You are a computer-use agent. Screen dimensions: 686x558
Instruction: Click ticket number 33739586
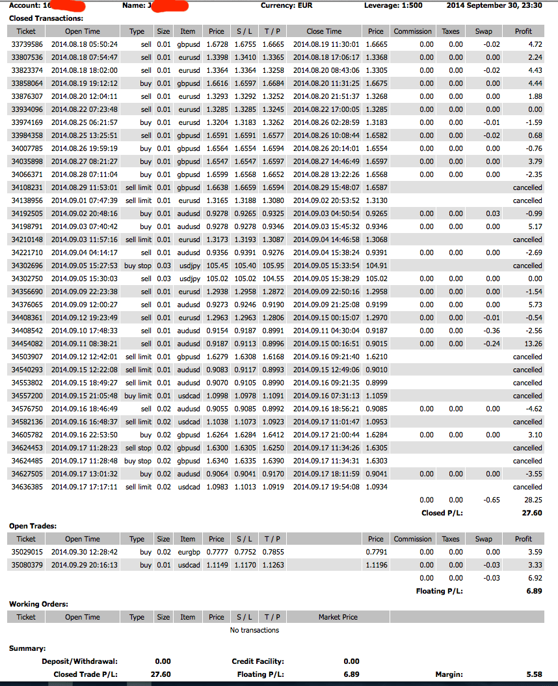coord(27,44)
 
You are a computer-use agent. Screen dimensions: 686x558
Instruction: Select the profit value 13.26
coord(533,344)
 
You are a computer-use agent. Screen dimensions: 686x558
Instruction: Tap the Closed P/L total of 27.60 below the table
coord(533,513)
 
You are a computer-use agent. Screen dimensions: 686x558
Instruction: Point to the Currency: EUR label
coord(287,5)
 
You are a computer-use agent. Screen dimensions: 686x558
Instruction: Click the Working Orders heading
coord(38,604)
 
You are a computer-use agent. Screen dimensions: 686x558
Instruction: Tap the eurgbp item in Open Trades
coord(187,552)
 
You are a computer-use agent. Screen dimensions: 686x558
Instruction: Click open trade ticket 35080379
coord(27,565)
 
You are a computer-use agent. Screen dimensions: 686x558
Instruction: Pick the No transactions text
coord(254,630)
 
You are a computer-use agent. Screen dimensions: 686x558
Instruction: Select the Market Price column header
coord(338,617)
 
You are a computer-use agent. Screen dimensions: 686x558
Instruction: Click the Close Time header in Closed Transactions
coord(324,31)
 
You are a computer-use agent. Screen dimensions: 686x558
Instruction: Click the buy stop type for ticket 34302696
coord(138,266)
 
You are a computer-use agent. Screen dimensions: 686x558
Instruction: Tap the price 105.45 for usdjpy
coord(215,266)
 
